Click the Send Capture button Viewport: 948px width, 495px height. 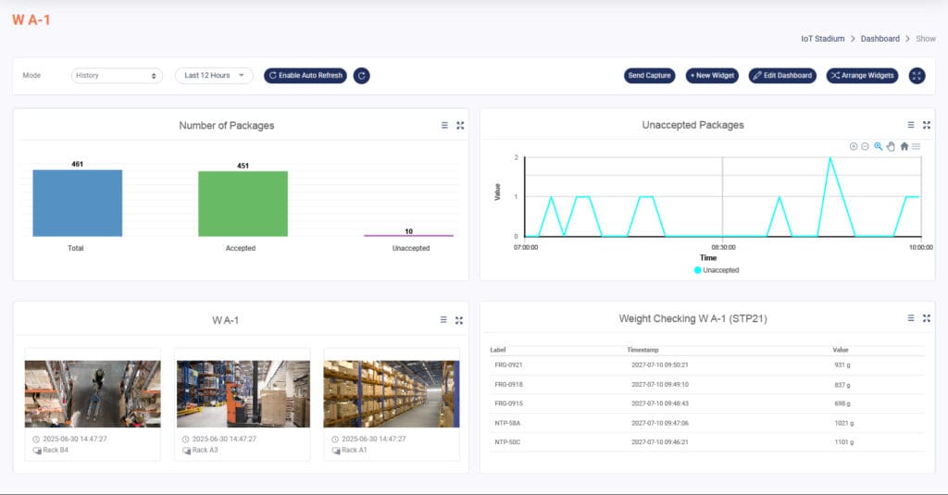649,76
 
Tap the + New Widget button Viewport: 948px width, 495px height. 712,76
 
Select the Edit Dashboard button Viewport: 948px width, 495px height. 782,76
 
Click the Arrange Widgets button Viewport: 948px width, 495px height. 862,76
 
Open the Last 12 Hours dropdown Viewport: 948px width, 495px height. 214,76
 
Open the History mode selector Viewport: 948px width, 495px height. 117,76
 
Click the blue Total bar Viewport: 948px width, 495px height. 77,203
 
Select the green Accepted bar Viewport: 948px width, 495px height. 243,204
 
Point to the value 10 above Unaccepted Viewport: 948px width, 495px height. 408,230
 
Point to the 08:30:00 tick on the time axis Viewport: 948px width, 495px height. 722,247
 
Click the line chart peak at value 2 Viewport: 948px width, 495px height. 830,158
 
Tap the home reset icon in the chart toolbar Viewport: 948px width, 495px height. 904,146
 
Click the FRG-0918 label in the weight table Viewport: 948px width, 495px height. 508,384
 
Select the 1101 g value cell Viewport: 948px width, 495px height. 843,442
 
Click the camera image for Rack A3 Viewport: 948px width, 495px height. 243,393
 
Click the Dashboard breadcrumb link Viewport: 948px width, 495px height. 879,39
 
